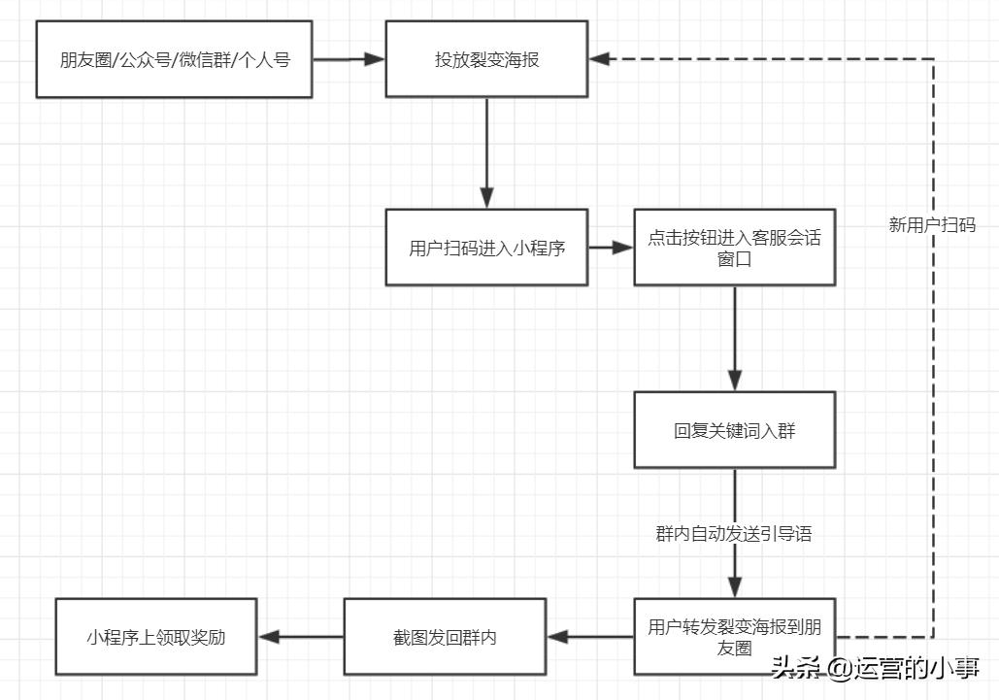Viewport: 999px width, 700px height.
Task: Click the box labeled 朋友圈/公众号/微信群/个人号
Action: [174, 60]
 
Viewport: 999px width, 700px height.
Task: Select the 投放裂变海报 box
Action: [486, 60]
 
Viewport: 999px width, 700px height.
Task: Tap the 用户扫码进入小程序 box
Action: [486, 248]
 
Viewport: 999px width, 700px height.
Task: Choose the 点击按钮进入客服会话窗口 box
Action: [734, 248]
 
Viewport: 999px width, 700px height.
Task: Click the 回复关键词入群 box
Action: [734, 430]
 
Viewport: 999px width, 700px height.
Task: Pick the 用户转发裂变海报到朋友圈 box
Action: [734, 637]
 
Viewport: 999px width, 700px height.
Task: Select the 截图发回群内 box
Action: [445, 637]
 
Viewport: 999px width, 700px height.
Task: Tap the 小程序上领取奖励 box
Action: [156, 637]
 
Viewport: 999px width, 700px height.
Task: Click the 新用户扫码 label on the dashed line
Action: [932, 224]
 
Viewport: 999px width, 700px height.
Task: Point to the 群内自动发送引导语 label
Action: [734, 534]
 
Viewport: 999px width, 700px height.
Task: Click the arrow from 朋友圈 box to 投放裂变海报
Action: [349, 59]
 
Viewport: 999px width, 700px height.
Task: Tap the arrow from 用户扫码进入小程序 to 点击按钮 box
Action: [611, 248]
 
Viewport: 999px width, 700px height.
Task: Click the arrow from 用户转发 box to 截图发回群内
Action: [590, 637]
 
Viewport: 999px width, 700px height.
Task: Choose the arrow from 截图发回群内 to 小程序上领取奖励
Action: [300, 637]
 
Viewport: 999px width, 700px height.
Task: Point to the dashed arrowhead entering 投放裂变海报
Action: [599, 59]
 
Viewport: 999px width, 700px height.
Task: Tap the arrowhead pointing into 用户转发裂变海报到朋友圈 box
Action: [734, 586]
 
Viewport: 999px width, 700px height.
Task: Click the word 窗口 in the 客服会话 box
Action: [734, 260]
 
